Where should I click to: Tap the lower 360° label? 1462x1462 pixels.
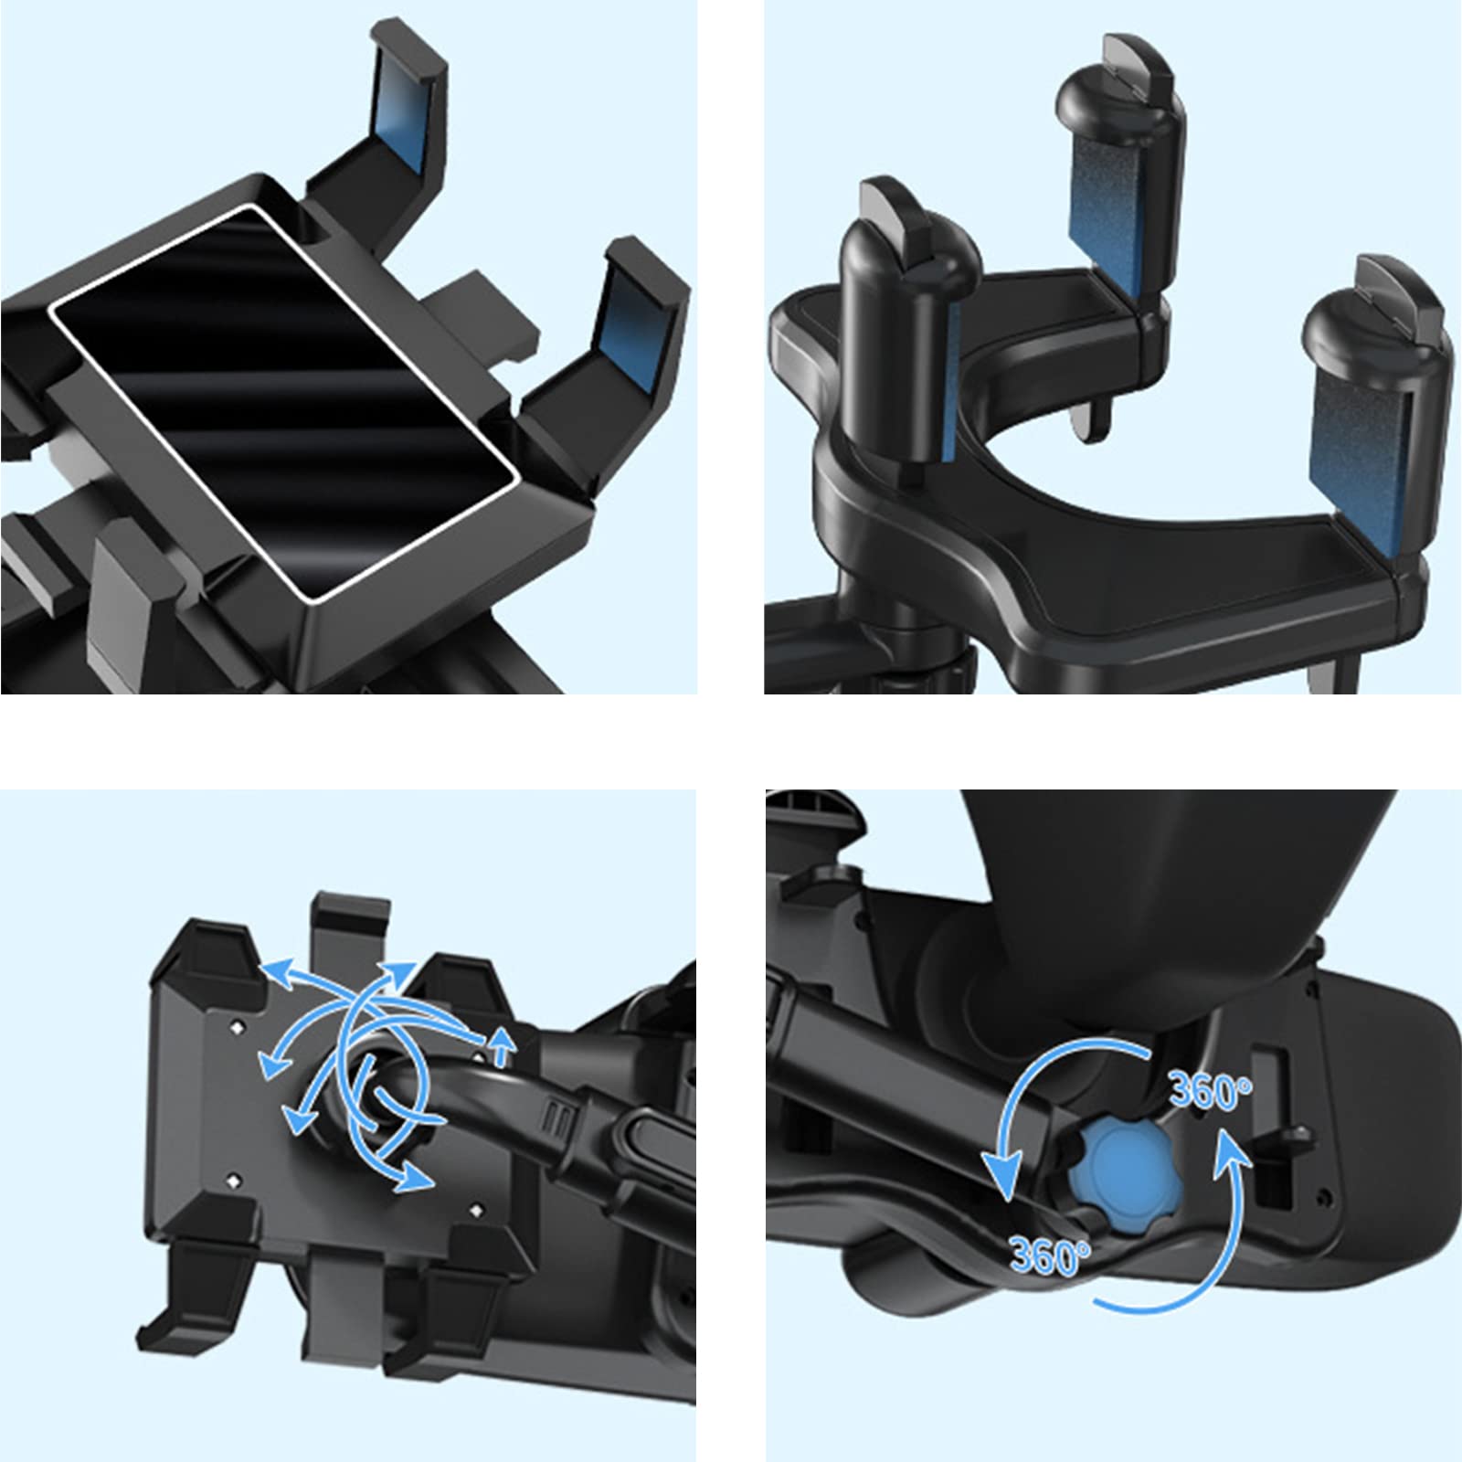click(1050, 1255)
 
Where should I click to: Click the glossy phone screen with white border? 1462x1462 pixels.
click(284, 403)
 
